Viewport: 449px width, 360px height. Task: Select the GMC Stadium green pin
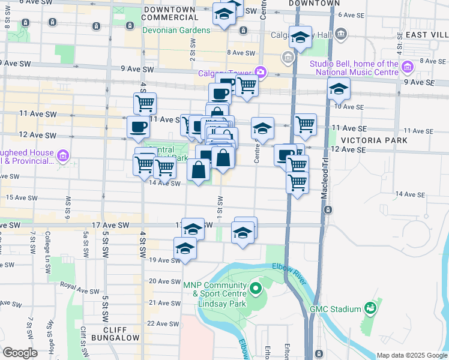coord(371,309)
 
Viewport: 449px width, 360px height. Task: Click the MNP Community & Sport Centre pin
coord(256,290)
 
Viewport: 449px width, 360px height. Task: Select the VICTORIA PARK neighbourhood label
coord(374,140)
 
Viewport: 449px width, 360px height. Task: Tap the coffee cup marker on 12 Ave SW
coord(138,127)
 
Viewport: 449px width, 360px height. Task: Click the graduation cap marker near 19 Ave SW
coord(185,248)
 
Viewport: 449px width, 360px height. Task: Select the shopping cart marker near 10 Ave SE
coord(306,124)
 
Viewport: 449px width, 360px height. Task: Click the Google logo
coord(20,353)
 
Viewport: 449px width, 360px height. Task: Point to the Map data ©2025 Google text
coord(411,355)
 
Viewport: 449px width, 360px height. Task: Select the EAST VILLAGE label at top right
coord(426,35)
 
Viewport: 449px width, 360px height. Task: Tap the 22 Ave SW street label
coord(164,323)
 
